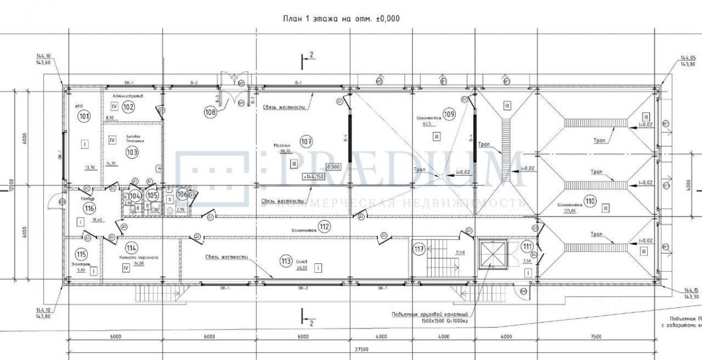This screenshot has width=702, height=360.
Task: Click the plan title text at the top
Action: [x=341, y=18]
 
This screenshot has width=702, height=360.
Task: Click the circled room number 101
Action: [x=84, y=116]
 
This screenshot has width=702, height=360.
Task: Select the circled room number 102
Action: [x=129, y=107]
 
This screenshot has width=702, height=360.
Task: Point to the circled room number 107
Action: [x=306, y=140]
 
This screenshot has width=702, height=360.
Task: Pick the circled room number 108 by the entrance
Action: [x=211, y=111]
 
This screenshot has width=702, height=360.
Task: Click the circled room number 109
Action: [x=449, y=114]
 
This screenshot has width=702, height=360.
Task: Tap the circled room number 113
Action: [x=286, y=261]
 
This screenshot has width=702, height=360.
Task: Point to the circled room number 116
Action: [x=89, y=208]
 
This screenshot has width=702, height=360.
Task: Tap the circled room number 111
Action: [x=528, y=246]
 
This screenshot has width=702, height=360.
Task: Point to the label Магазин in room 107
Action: [x=282, y=145]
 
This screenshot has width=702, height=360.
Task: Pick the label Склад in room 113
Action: [x=302, y=261]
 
